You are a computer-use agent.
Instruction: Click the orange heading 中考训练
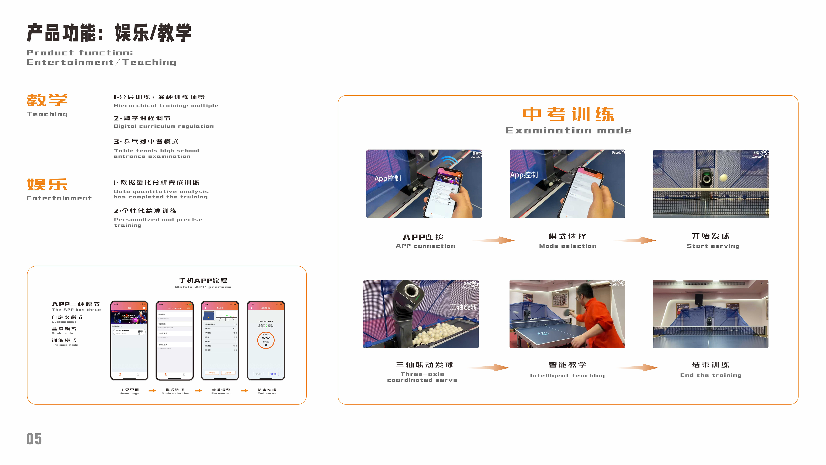tap(568, 114)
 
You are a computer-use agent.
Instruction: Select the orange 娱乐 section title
tap(47, 185)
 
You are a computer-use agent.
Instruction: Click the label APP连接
tap(423, 237)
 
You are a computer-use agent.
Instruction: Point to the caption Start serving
tap(713, 246)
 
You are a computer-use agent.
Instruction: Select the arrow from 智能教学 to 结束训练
tap(638, 367)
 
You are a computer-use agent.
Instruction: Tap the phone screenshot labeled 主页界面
tap(129, 340)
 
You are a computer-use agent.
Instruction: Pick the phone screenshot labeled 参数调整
tap(220, 340)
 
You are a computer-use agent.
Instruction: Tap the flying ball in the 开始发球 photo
tap(723, 177)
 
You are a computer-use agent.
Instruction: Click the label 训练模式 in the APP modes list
tap(64, 341)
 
